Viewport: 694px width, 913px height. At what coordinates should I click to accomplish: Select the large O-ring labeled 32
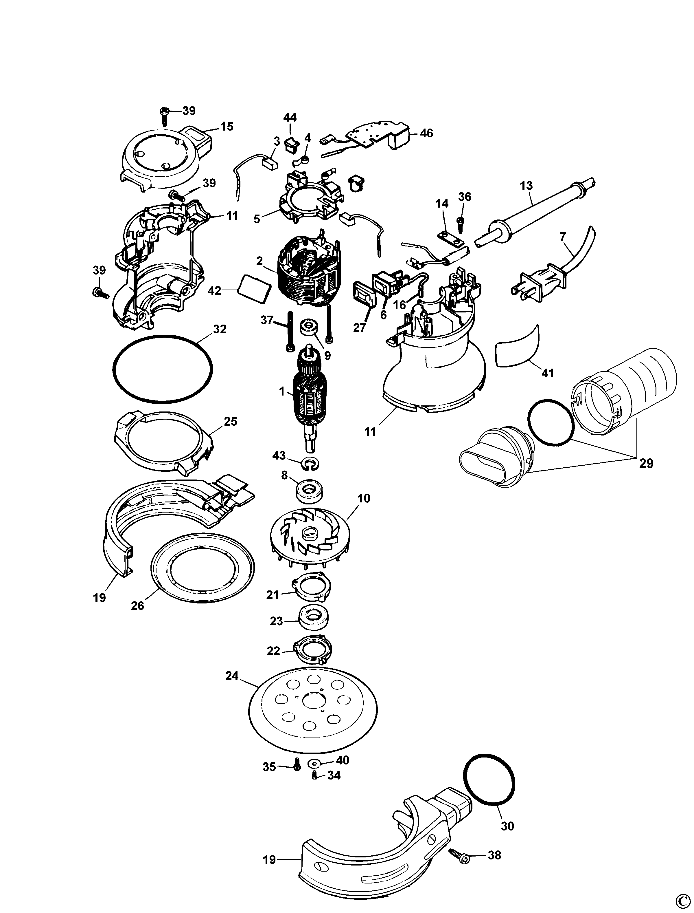(163, 369)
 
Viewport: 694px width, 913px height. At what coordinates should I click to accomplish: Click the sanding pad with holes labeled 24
(314, 712)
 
